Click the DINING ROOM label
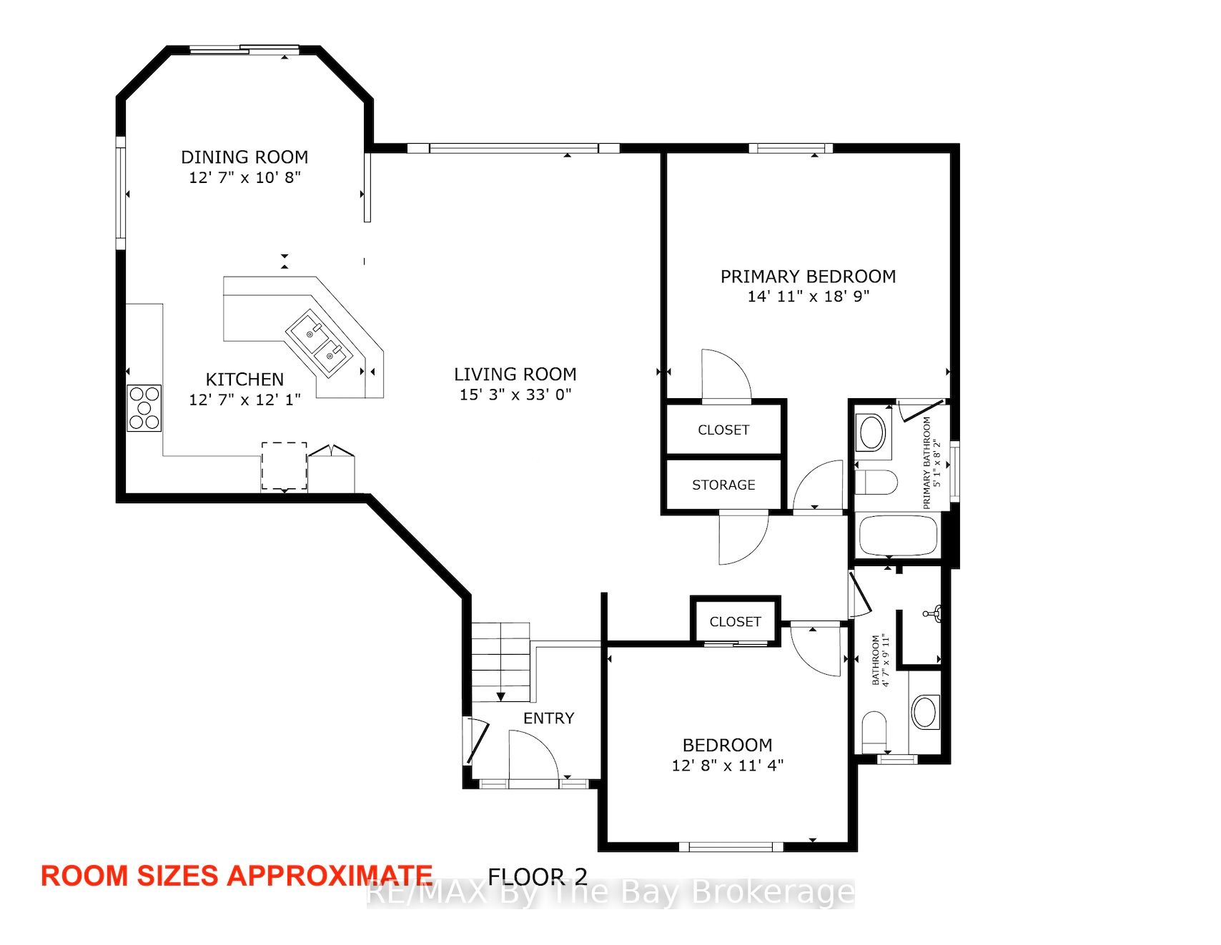pyautogui.click(x=244, y=157)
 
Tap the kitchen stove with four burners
pyautogui.click(x=144, y=408)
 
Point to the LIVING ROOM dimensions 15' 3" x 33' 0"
pyautogui.click(x=515, y=395)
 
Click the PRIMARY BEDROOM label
pyautogui.click(x=808, y=277)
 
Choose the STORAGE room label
pyautogui.click(x=723, y=485)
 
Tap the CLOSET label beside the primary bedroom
pyautogui.click(x=723, y=430)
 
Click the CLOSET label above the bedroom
pyautogui.click(x=735, y=622)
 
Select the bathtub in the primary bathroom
pyautogui.click(x=898, y=535)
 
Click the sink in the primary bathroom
pyautogui.click(x=871, y=432)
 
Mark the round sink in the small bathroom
pyautogui.click(x=925, y=712)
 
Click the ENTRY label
pyautogui.click(x=548, y=718)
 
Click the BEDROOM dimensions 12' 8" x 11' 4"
pyautogui.click(x=728, y=766)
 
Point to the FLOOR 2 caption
pyautogui.click(x=538, y=876)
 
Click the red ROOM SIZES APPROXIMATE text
pyautogui.click(x=237, y=876)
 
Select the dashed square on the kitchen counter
pyautogui.click(x=284, y=466)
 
